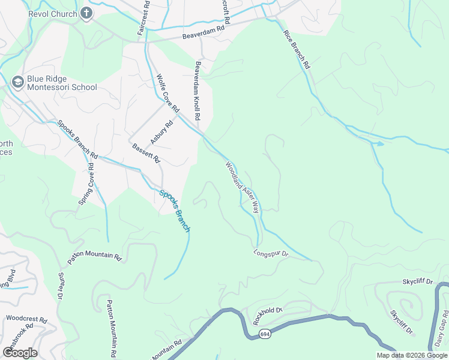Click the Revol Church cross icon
(86, 13)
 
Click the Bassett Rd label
(146, 153)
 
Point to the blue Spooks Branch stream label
(175, 211)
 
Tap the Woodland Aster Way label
(242, 187)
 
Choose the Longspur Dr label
(271, 254)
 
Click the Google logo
(20, 352)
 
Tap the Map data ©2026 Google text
(411, 355)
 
